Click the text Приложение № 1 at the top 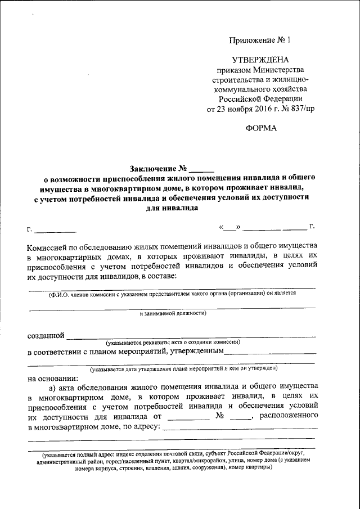click(262, 40)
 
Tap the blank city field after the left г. click(55, 231)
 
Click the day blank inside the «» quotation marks click(229, 229)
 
